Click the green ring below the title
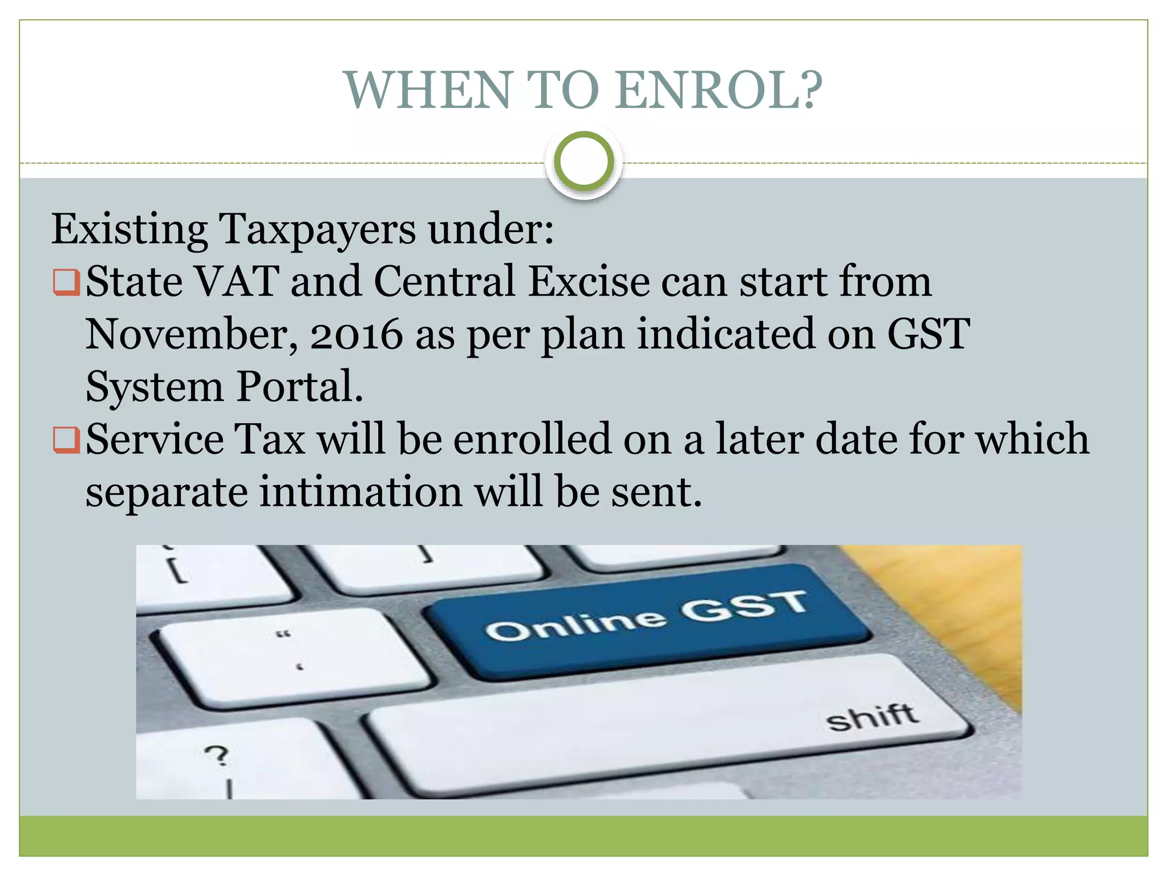(583, 161)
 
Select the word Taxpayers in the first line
(318, 230)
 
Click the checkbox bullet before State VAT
(66, 282)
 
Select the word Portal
(299, 387)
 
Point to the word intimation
(360, 492)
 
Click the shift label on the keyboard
(872, 717)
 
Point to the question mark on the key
(217, 756)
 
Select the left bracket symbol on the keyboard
(177, 570)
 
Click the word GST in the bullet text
(928, 334)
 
